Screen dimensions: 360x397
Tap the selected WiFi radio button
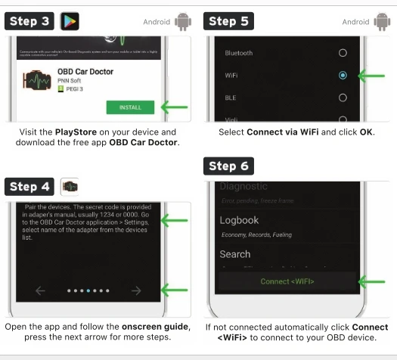click(343, 76)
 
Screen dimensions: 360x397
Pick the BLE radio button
click(343, 98)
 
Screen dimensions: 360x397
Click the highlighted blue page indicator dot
click(88, 289)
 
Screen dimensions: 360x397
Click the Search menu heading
click(235, 254)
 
